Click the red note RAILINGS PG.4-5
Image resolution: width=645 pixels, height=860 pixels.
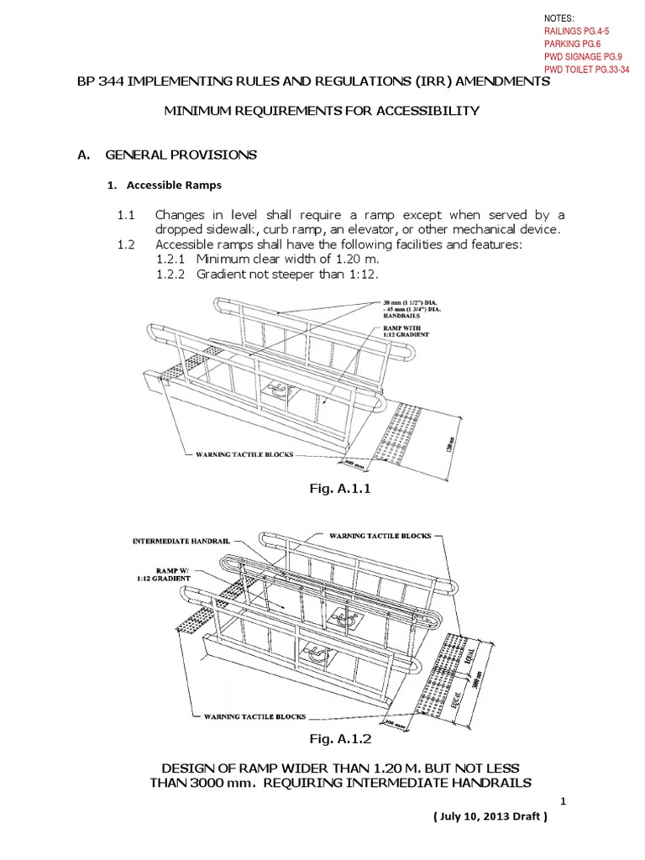pos(579,31)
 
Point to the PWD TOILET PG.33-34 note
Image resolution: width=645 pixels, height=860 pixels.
pos(587,71)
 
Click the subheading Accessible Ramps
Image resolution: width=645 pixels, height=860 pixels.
pos(169,185)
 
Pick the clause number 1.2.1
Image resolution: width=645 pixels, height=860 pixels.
pos(173,260)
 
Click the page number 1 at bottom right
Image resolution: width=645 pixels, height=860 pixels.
pos(565,802)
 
